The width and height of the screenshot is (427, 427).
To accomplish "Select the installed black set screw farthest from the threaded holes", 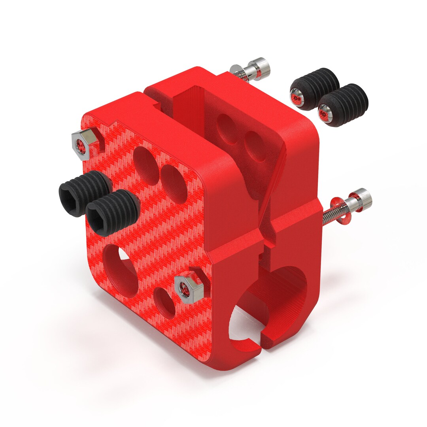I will point(83,192).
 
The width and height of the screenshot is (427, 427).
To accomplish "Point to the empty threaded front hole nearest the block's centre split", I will point(174,184).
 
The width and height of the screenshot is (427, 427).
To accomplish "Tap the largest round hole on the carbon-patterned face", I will point(121,270).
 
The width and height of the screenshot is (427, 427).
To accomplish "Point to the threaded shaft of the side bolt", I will point(329,217).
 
